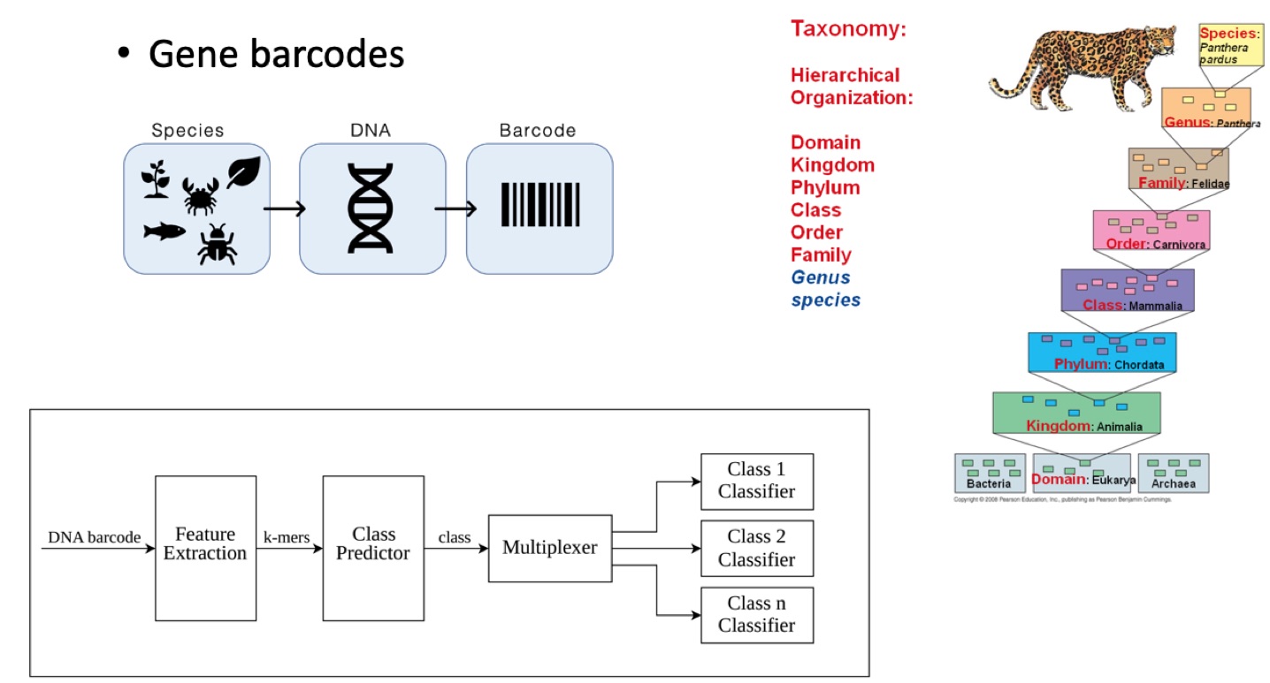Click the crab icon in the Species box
point(199,195)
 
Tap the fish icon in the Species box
point(164,231)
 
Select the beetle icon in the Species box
point(216,244)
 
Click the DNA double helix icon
point(371,209)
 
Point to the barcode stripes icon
point(539,204)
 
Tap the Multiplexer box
point(549,548)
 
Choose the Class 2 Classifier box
point(756,548)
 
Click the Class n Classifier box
point(756,614)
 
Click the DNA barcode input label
point(94,536)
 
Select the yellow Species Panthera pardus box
point(1230,45)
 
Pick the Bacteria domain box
point(990,473)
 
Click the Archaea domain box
point(1173,473)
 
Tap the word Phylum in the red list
point(825,187)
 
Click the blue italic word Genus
point(821,277)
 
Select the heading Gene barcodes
point(276,55)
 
